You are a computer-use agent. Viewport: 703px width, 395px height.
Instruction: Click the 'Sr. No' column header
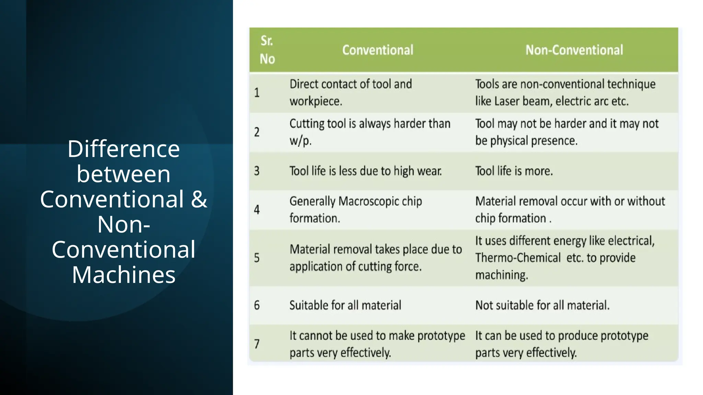(x=267, y=50)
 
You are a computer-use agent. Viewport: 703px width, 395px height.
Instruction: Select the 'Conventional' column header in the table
(x=378, y=50)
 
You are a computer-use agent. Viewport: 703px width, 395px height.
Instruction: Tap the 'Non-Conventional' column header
(x=574, y=50)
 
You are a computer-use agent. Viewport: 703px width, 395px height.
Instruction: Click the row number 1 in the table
(x=257, y=93)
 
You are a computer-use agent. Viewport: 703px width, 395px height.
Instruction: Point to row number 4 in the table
(x=257, y=210)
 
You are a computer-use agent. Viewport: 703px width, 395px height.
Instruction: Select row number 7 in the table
(x=257, y=344)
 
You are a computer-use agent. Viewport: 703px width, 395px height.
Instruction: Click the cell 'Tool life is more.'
(x=514, y=171)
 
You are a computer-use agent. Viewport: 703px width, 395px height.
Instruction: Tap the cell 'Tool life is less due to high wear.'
(x=366, y=171)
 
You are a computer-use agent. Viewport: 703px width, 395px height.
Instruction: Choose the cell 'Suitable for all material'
(x=345, y=305)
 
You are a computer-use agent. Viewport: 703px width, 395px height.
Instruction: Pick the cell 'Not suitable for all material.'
(x=542, y=305)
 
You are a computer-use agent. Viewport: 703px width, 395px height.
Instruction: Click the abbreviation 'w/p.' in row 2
(x=300, y=141)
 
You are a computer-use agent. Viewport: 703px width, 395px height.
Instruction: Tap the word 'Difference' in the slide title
(x=124, y=149)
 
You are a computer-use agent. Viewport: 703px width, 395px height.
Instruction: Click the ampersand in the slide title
(x=199, y=199)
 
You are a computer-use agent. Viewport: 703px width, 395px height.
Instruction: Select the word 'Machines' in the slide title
(x=124, y=275)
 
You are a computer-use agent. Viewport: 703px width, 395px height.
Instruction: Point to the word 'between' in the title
(x=124, y=174)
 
